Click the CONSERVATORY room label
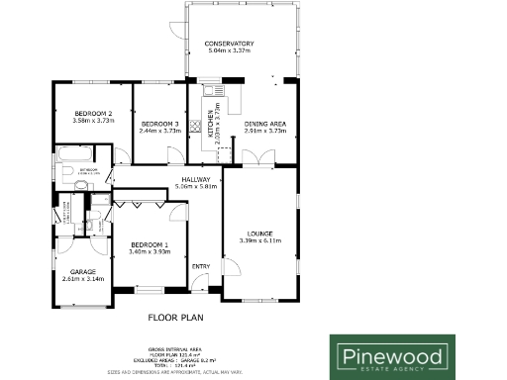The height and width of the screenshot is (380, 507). tap(230, 45)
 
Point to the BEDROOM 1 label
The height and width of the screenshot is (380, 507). tap(150, 244)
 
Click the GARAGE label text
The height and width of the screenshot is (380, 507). tap(82, 271)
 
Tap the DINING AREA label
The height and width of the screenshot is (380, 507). tap(265, 123)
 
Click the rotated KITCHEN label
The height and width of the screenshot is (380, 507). tap(210, 123)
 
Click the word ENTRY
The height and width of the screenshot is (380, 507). tap(201, 265)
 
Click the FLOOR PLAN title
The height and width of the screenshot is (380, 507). tap(176, 318)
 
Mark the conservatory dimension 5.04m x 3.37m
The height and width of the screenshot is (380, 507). tap(230, 51)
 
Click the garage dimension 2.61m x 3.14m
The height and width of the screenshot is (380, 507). tap(82, 279)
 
